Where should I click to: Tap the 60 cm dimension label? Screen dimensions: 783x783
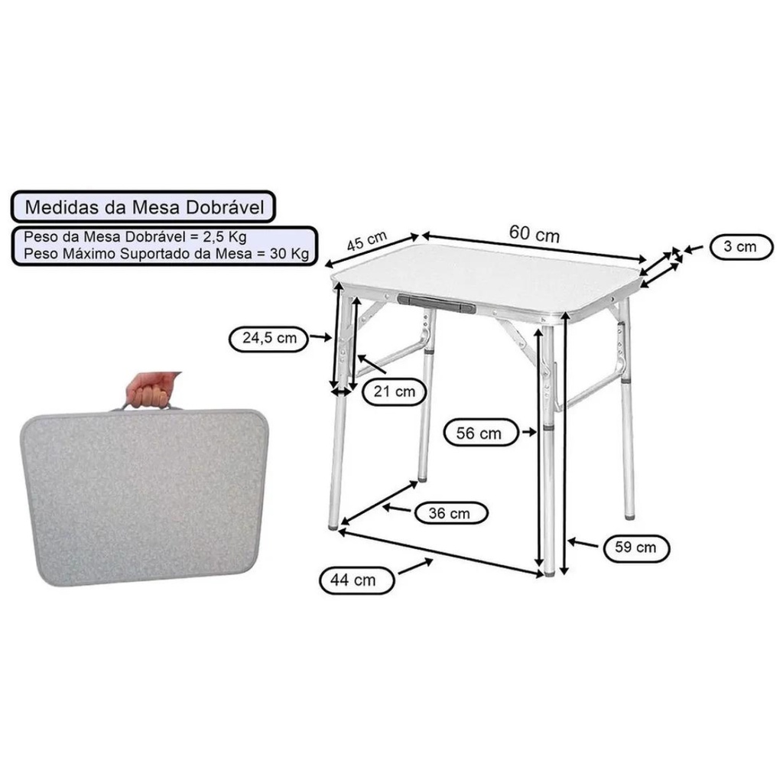(x=534, y=233)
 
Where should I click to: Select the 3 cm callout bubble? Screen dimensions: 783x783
(x=740, y=247)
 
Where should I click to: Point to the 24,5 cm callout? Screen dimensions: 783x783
(x=269, y=338)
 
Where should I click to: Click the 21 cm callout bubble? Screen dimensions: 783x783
(x=394, y=391)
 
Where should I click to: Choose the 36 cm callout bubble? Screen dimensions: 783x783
(x=450, y=513)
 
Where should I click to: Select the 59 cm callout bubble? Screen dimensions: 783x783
(x=635, y=547)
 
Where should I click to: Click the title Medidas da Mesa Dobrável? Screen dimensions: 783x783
(x=145, y=207)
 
